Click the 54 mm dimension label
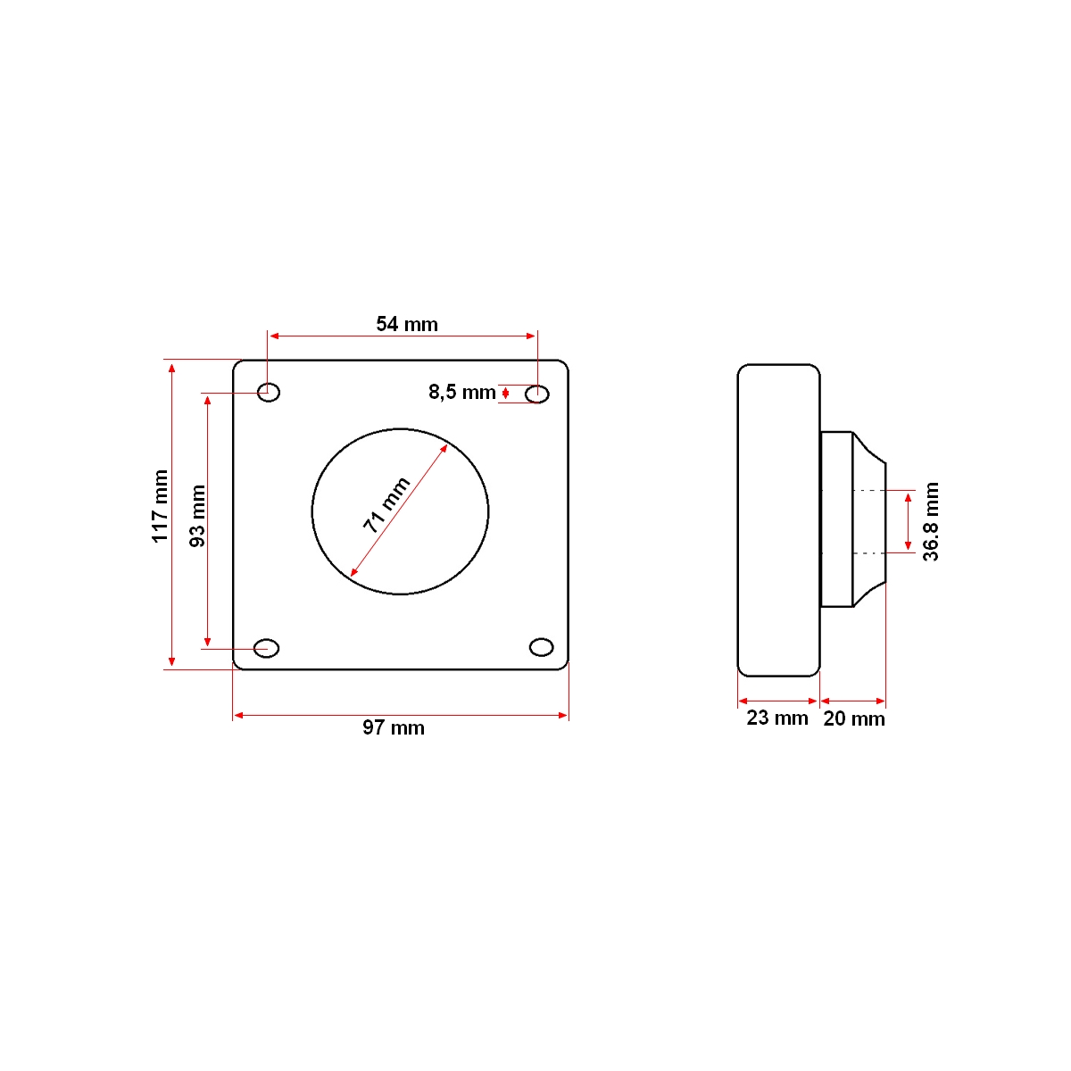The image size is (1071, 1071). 407,324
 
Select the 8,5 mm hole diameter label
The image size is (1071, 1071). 461,392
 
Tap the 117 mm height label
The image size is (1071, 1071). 161,506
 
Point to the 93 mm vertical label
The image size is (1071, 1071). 197,516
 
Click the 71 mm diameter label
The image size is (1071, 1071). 386,505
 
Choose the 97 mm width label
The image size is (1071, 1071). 394,727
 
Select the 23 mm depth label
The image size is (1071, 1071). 776,718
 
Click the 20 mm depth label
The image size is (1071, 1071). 854,718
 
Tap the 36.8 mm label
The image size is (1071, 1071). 931,521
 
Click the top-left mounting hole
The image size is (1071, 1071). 269,392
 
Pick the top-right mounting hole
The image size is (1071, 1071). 537,394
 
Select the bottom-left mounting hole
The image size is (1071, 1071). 267,647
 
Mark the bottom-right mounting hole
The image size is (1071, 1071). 541,646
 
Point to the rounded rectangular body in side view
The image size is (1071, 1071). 778,520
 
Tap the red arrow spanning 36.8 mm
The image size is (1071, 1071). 908,521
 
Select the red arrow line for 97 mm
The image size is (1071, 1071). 401,715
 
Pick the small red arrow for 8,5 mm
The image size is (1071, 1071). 506,393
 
